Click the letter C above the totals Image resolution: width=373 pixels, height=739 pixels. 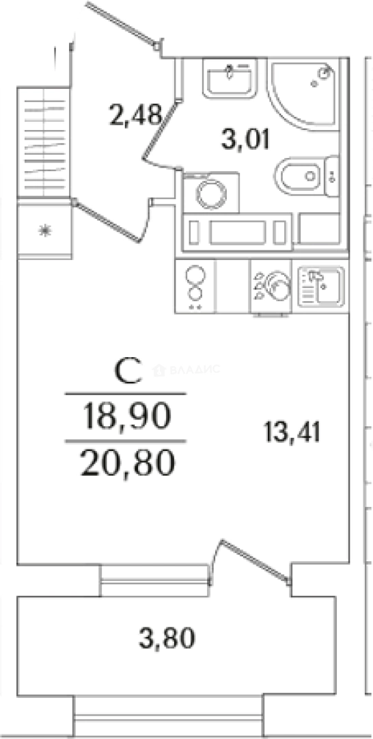(x=127, y=372)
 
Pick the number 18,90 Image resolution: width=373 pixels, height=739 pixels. (x=125, y=417)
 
